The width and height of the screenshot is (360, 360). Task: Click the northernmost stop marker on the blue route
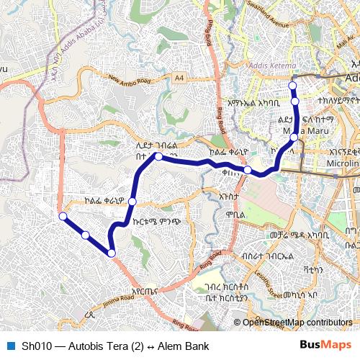coord(293,86)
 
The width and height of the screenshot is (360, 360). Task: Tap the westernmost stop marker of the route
coord(63,216)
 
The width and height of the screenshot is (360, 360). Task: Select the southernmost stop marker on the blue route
coord(112,253)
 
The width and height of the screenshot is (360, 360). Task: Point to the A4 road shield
coord(179,77)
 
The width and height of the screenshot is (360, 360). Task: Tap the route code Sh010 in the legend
coord(36,346)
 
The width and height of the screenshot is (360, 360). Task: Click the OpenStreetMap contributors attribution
coord(297,323)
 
